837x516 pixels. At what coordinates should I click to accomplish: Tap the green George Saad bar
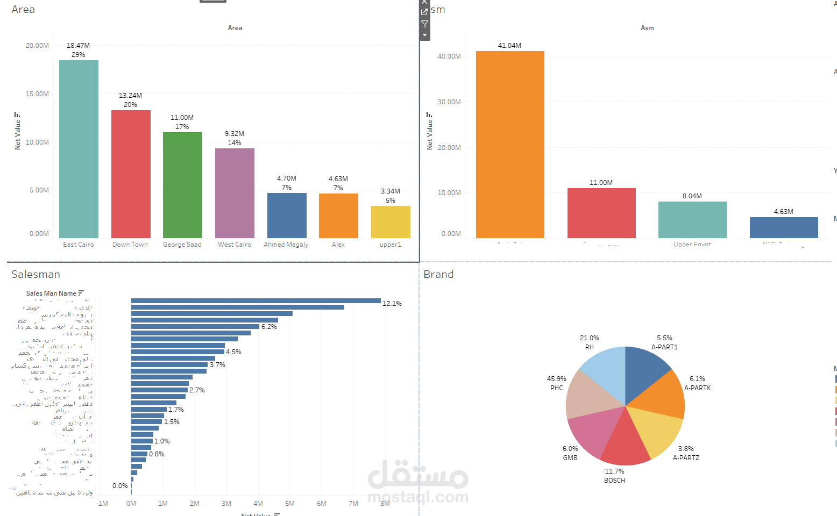coord(182,185)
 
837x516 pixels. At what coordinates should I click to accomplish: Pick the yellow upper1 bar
coord(391,221)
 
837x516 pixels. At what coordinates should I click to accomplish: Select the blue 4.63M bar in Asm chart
coord(783,227)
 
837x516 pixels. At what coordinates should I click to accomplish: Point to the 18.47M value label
coord(78,46)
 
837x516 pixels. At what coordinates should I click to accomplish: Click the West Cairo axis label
coord(235,245)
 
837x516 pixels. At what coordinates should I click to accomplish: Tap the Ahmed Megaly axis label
coord(286,245)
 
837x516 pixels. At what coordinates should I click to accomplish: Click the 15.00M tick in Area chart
coord(37,94)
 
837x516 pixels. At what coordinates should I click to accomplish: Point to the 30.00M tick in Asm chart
coord(449,102)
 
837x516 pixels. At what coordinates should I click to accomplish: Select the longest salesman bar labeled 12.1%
coord(256,301)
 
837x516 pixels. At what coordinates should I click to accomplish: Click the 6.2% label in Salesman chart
coord(269,327)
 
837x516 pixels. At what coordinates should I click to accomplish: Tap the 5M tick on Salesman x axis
coord(290,504)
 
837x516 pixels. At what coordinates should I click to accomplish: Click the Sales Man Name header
coord(51,293)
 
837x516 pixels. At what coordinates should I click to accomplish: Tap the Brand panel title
coord(438,275)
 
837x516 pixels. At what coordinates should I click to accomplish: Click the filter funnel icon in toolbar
coord(424,24)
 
